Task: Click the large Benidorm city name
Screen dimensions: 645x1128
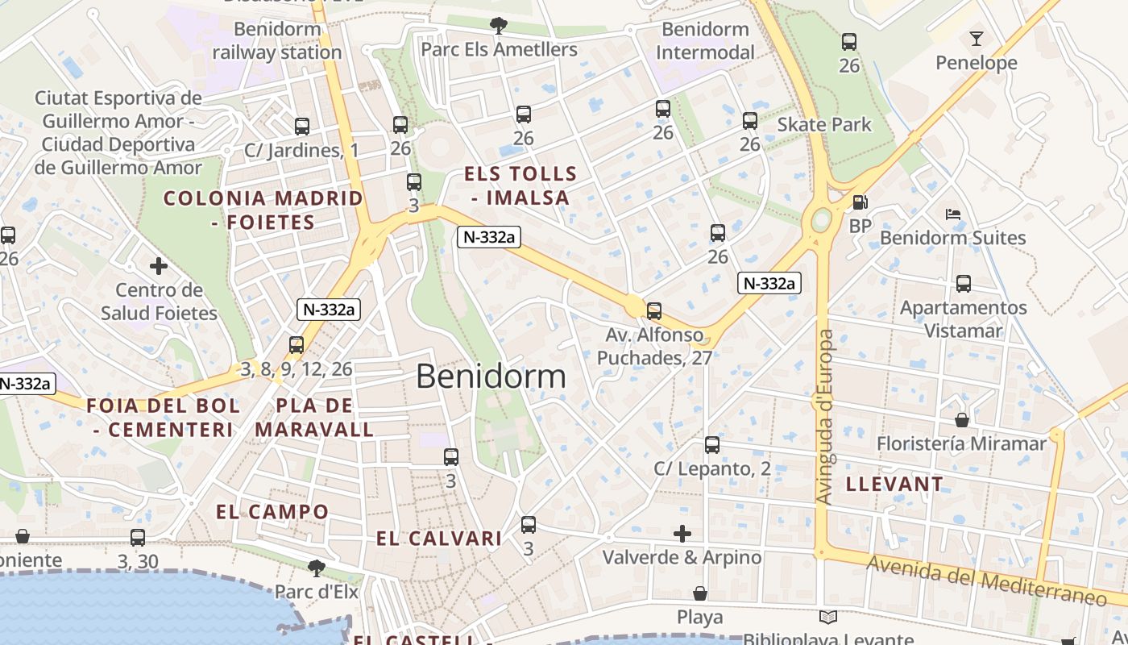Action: click(491, 377)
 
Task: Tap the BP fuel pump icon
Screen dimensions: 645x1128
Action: click(861, 203)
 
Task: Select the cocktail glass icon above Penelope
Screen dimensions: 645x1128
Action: click(977, 39)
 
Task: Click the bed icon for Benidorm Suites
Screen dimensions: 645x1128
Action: click(953, 214)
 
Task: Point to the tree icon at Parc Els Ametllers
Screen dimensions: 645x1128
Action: click(499, 27)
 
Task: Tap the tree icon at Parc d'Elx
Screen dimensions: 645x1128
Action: click(317, 568)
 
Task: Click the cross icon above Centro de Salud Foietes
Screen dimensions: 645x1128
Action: click(159, 265)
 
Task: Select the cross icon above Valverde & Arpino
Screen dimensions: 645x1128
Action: click(682, 534)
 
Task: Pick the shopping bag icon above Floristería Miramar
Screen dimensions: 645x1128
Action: click(961, 420)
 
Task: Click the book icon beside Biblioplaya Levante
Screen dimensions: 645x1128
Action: click(828, 618)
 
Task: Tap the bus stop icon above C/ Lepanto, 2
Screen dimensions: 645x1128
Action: click(712, 445)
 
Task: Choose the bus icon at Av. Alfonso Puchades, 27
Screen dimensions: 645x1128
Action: click(654, 310)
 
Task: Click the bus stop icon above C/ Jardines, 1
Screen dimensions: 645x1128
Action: click(302, 127)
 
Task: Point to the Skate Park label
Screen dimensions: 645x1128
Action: click(823, 124)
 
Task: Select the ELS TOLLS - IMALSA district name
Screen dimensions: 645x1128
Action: click(520, 185)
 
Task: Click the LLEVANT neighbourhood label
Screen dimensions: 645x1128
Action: click(894, 485)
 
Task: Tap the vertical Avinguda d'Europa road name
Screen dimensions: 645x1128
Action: click(824, 417)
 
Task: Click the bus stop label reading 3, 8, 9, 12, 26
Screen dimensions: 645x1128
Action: click(297, 369)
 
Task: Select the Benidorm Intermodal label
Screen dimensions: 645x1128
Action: click(705, 41)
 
